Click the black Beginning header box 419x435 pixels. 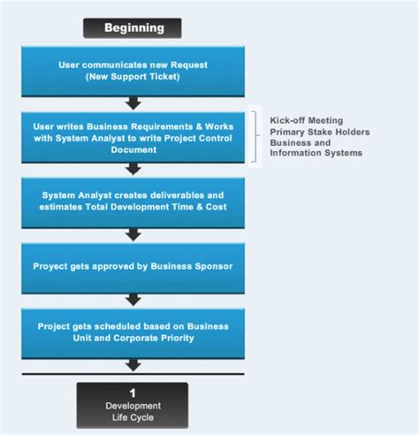(x=133, y=28)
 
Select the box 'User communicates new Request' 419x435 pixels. (x=133, y=71)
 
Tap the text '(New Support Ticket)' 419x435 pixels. (x=133, y=78)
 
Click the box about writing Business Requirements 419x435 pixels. (x=133, y=137)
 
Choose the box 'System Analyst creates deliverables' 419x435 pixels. (x=133, y=200)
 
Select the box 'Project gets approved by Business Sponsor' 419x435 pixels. (x=133, y=265)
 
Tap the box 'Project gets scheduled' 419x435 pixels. (x=133, y=331)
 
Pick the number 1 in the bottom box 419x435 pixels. (x=133, y=392)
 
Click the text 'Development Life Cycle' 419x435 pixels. (x=133, y=410)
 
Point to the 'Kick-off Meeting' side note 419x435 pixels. (x=306, y=118)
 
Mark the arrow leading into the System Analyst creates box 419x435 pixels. (x=133, y=169)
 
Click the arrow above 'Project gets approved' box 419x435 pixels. (x=133, y=234)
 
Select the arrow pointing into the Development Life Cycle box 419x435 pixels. (x=133, y=364)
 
